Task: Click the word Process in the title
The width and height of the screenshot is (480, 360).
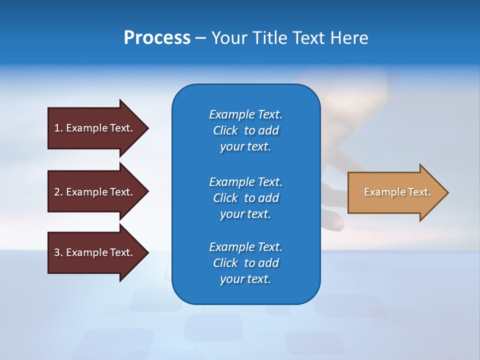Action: tap(157, 38)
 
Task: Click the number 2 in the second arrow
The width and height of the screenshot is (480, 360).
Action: tap(57, 192)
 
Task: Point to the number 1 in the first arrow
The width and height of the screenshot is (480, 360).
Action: tap(57, 128)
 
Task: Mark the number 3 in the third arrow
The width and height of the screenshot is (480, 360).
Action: tap(57, 252)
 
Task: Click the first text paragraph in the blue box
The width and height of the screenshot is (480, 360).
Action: tap(245, 130)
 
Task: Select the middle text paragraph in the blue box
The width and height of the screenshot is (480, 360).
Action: tap(245, 197)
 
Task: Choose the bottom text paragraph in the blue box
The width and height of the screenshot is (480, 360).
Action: tap(245, 263)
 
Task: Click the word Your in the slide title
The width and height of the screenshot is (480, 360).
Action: tap(227, 38)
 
